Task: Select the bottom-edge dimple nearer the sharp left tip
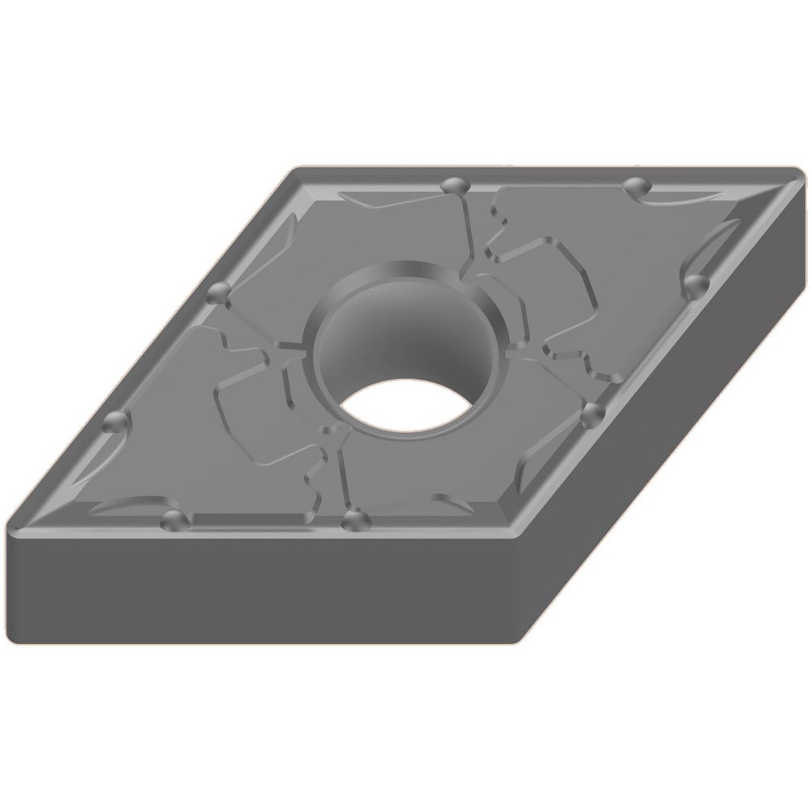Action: (172, 519)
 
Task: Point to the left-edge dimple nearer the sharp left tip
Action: (115, 423)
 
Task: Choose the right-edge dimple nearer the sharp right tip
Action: (694, 284)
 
